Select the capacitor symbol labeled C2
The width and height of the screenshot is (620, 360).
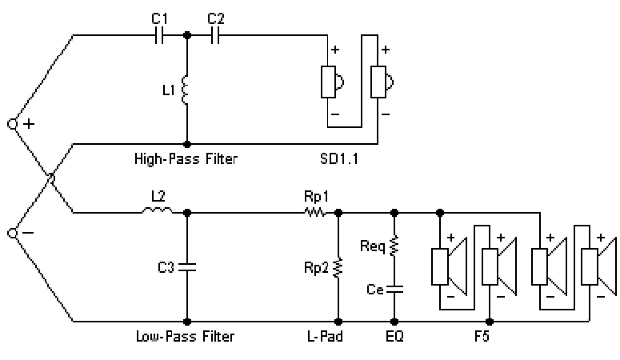(x=214, y=35)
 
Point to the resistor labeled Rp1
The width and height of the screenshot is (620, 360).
(x=314, y=213)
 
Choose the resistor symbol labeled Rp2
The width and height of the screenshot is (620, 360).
(x=338, y=266)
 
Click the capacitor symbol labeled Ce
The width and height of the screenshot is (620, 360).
(x=394, y=287)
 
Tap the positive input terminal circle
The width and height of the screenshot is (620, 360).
(x=13, y=124)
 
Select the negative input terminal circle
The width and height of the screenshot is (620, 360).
(x=13, y=233)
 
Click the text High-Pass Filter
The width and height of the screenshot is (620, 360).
(x=186, y=159)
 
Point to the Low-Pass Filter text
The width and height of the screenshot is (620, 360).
(x=186, y=337)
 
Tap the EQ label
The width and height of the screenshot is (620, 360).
(x=394, y=337)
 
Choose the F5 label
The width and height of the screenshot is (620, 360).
(x=479, y=337)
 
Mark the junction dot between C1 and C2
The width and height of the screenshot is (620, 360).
(x=186, y=35)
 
